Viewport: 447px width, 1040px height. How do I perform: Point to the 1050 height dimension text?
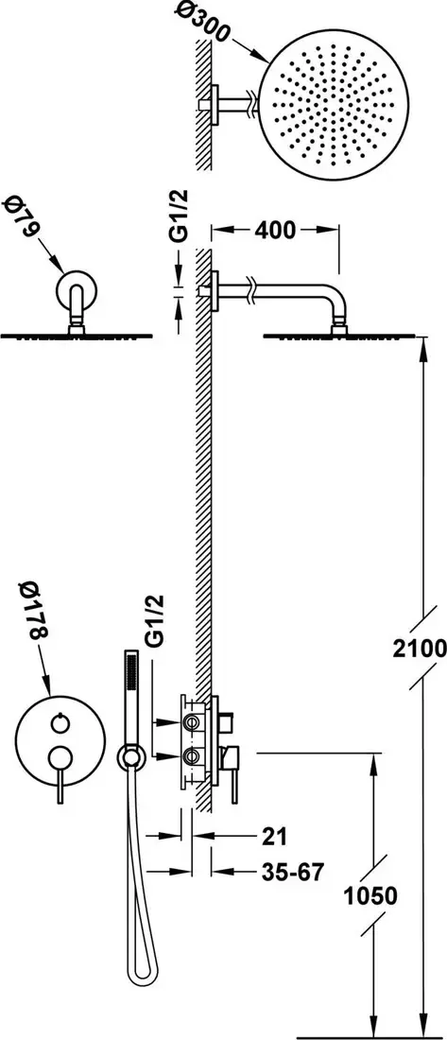click(x=370, y=896)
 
